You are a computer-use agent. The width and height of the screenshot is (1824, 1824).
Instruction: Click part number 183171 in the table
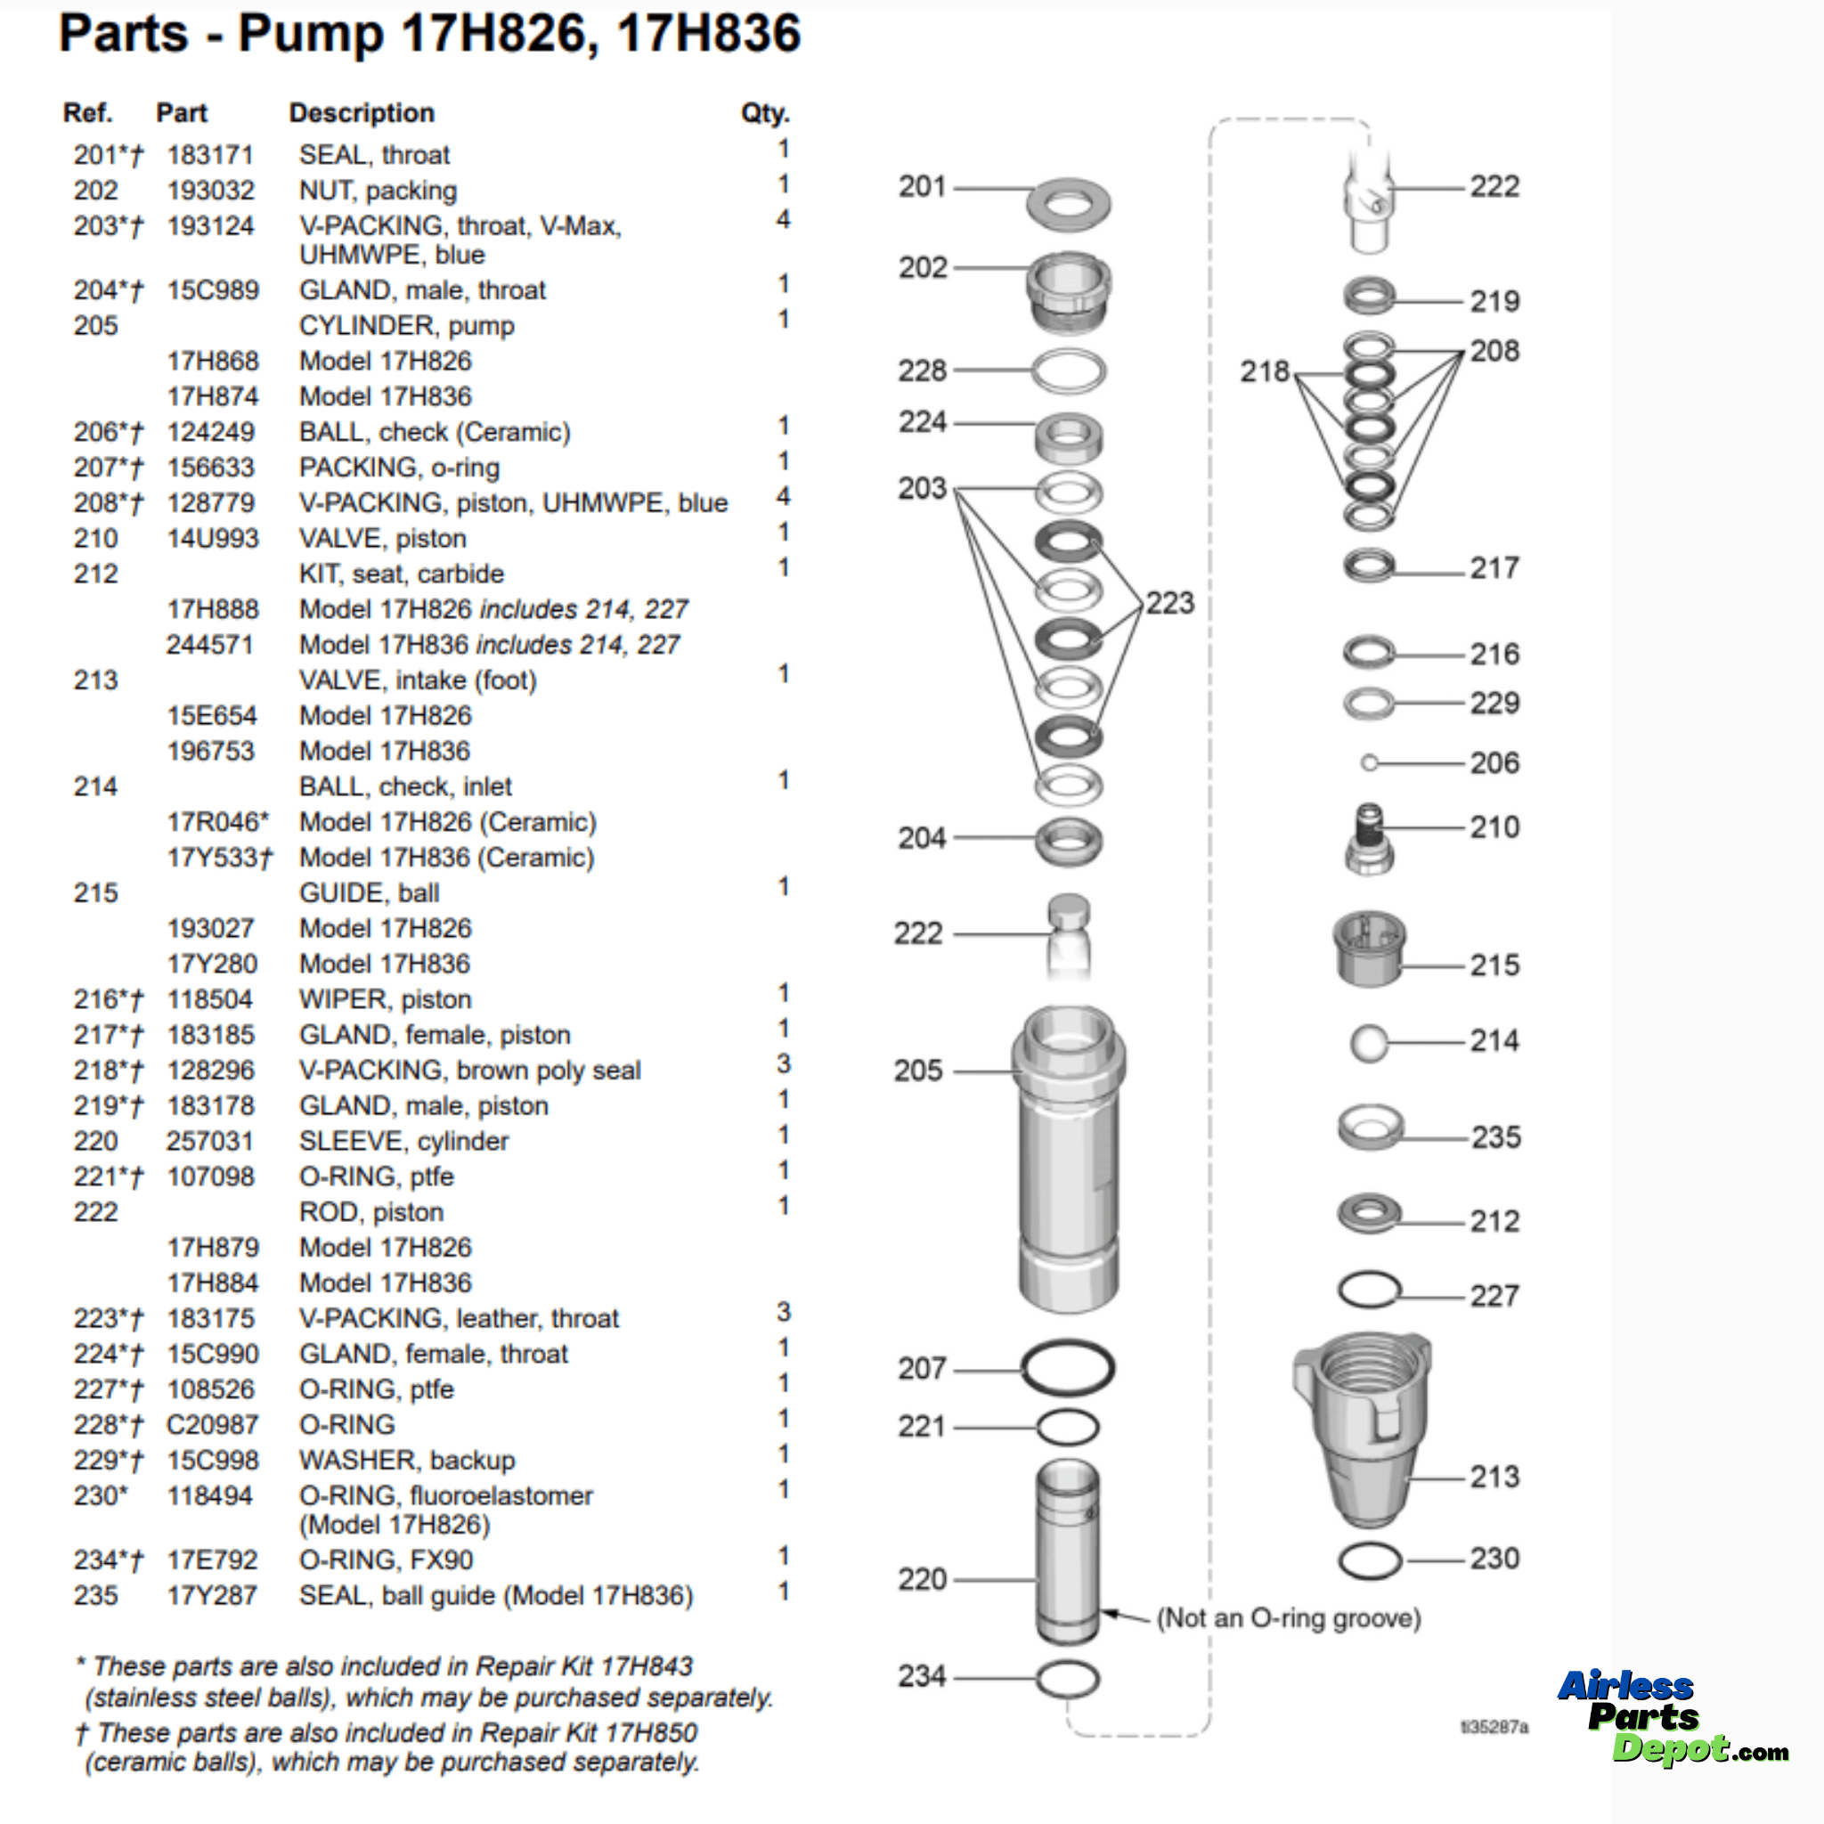click(x=209, y=155)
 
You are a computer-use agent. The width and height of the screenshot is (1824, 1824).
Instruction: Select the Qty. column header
click(x=764, y=113)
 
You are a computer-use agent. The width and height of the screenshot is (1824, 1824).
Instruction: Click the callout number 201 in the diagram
click(x=922, y=187)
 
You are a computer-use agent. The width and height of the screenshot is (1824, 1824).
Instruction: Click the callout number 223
click(x=1169, y=603)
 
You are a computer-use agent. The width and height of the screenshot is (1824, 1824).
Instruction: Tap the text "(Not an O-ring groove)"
click(x=1288, y=1618)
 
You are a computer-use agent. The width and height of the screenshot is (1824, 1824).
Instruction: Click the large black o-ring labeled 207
click(x=1068, y=1367)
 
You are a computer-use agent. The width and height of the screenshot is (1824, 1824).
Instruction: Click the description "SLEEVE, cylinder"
click(x=403, y=1142)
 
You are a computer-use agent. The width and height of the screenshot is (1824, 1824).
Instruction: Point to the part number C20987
click(x=209, y=1425)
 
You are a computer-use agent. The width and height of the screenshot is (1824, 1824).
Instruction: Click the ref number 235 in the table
click(x=95, y=1595)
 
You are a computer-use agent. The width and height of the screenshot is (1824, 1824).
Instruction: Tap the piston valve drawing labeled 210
click(x=1369, y=839)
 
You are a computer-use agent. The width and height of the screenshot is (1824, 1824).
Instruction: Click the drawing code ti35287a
click(x=1494, y=1727)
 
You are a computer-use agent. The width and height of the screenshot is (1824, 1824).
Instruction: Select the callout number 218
click(x=1263, y=372)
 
